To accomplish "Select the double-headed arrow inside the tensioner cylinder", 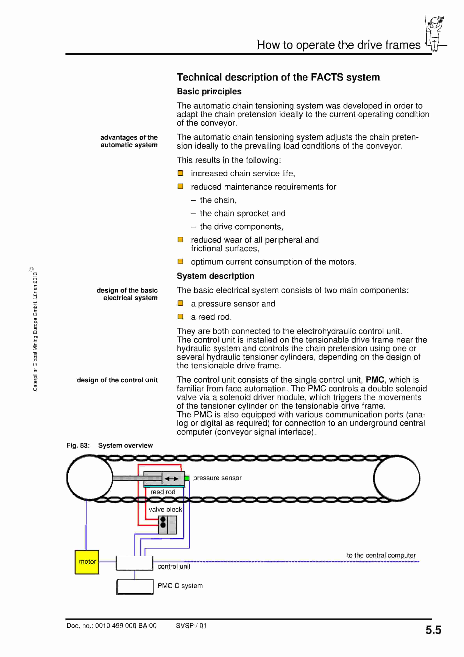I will click(171, 479).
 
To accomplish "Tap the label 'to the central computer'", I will click(381, 555).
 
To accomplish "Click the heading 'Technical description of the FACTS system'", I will click(278, 77).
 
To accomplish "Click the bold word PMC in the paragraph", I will click(375, 380).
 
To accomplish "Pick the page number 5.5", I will click(433, 630).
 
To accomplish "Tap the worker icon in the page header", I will click(435, 33).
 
